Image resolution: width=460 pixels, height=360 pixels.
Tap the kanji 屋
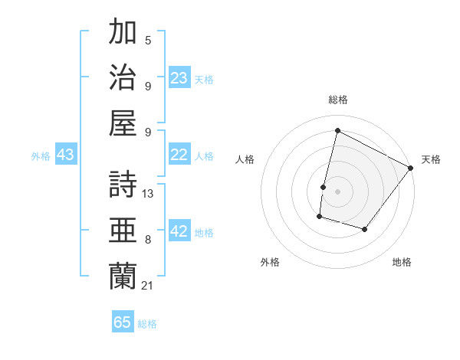point(123,123)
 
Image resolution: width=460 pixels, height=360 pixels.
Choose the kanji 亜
point(123,231)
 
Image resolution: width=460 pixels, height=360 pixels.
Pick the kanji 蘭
point(123,276)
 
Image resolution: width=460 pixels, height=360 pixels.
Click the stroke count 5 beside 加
point(148,40)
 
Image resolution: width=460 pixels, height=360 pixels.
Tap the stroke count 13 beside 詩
point(149,194)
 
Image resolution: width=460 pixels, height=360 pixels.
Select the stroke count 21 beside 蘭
point(149,285)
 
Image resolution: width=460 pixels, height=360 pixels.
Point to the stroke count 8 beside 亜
point(148,240)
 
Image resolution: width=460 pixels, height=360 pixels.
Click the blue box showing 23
point(179,77)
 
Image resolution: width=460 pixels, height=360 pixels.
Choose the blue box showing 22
point(179,155)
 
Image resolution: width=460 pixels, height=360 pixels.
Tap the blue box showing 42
point(179,232)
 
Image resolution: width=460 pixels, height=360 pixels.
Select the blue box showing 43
point(65,155)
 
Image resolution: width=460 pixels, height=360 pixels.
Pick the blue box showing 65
point(123,322)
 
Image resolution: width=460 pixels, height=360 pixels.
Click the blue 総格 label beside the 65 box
point(147,324)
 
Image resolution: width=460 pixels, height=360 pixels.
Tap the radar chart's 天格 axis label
point(431,159)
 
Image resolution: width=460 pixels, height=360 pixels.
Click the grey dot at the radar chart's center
point(337,191)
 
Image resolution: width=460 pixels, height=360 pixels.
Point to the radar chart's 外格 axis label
point(270,263)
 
